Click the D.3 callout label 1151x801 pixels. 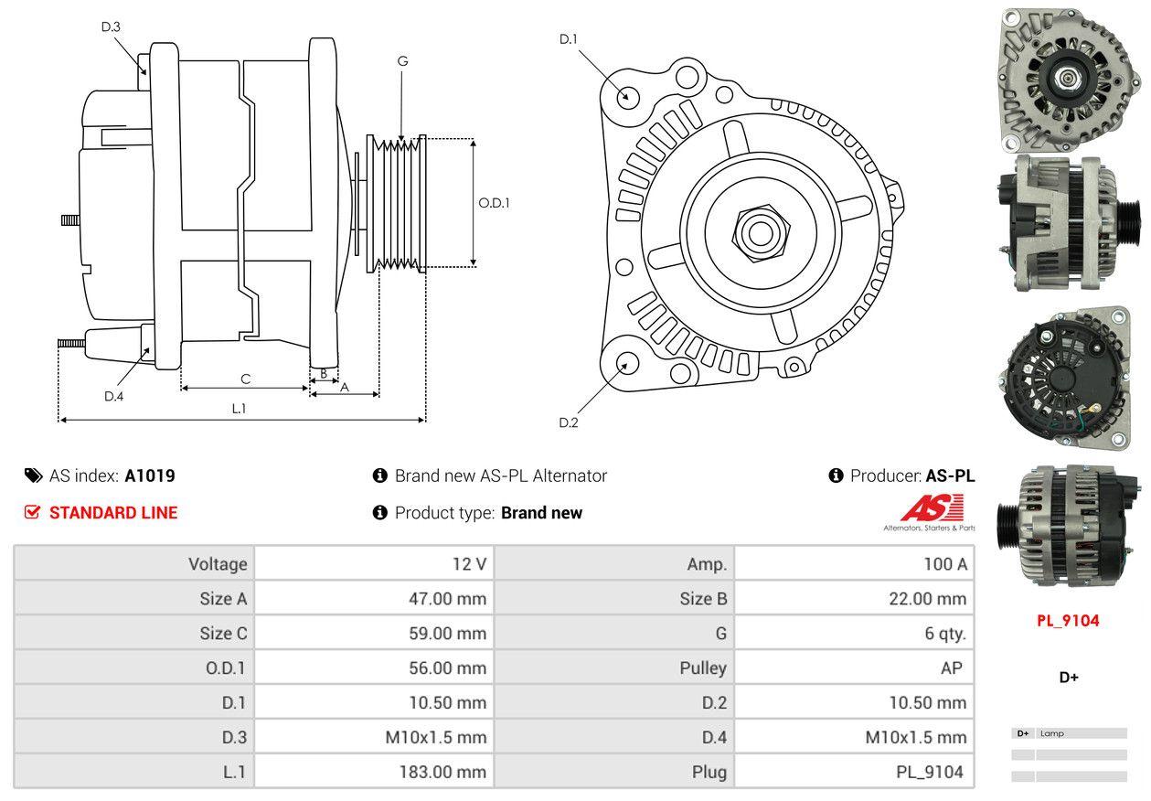pos(111,27)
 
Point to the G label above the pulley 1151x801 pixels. pos(402,61)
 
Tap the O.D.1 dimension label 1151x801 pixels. pos(494,203)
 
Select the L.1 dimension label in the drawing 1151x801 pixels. pos(239,409)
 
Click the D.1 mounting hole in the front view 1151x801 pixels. pos(627,95)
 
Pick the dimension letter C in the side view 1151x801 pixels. pos(245,379)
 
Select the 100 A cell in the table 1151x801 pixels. pos(944,564)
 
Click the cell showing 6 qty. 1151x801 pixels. pos(944,633)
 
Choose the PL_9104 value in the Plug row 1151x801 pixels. pos(929,772)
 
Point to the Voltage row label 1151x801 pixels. pos(218,564)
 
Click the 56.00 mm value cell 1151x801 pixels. pos(447,667)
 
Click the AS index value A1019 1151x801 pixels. pos(150,475)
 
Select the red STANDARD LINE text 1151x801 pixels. pos(113,513)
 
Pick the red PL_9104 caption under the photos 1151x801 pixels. pos(1067,620)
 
